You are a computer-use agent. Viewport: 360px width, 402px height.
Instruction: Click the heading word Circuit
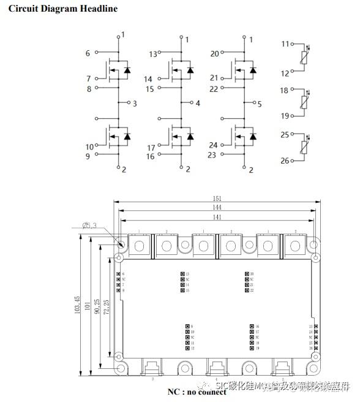[x=24, y=9]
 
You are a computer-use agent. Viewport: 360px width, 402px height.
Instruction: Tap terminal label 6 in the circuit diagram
[x=88, y=54]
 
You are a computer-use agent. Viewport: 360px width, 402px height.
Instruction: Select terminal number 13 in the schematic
[x=153, y=55]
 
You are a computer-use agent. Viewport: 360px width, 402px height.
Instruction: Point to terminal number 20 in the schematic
[x=214, y=54]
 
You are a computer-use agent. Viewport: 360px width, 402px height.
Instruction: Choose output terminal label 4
[x=198, y=103]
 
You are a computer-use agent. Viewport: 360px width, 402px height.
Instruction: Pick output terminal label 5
[x=260, y=104]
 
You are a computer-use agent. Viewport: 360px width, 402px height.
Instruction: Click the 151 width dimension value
[x=217, y=199]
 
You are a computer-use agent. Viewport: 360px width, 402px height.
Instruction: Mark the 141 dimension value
[x=217, y=218]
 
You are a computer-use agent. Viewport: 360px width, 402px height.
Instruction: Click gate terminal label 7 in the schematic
[x=88, y=79]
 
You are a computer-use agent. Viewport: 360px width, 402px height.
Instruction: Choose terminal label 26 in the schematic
[x=284, y=161]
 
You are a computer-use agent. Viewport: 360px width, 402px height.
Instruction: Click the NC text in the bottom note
[x=173, y=392]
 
